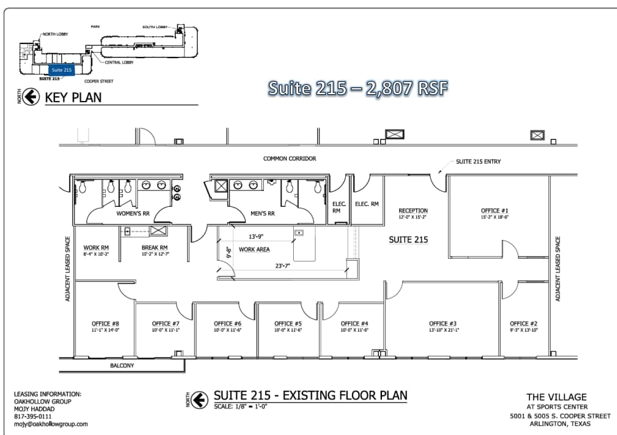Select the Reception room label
413,210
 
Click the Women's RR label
133,214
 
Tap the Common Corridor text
290,158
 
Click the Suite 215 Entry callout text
479,162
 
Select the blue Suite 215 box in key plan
61,70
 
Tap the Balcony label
122,365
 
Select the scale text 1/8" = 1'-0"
241,406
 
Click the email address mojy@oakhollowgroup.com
51,423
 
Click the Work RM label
96,248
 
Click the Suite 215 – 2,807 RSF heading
358,88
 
